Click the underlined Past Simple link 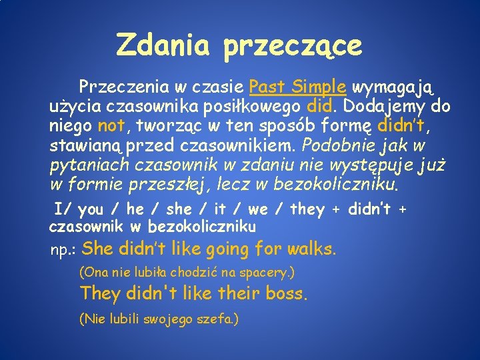[x=297, y=87]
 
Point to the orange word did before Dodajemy [x=319, y=107]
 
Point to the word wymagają [x=393, y=87]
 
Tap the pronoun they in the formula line [x=307, y=210]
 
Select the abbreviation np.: [x=65, y=251]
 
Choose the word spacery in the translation [x=267, y=273]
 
